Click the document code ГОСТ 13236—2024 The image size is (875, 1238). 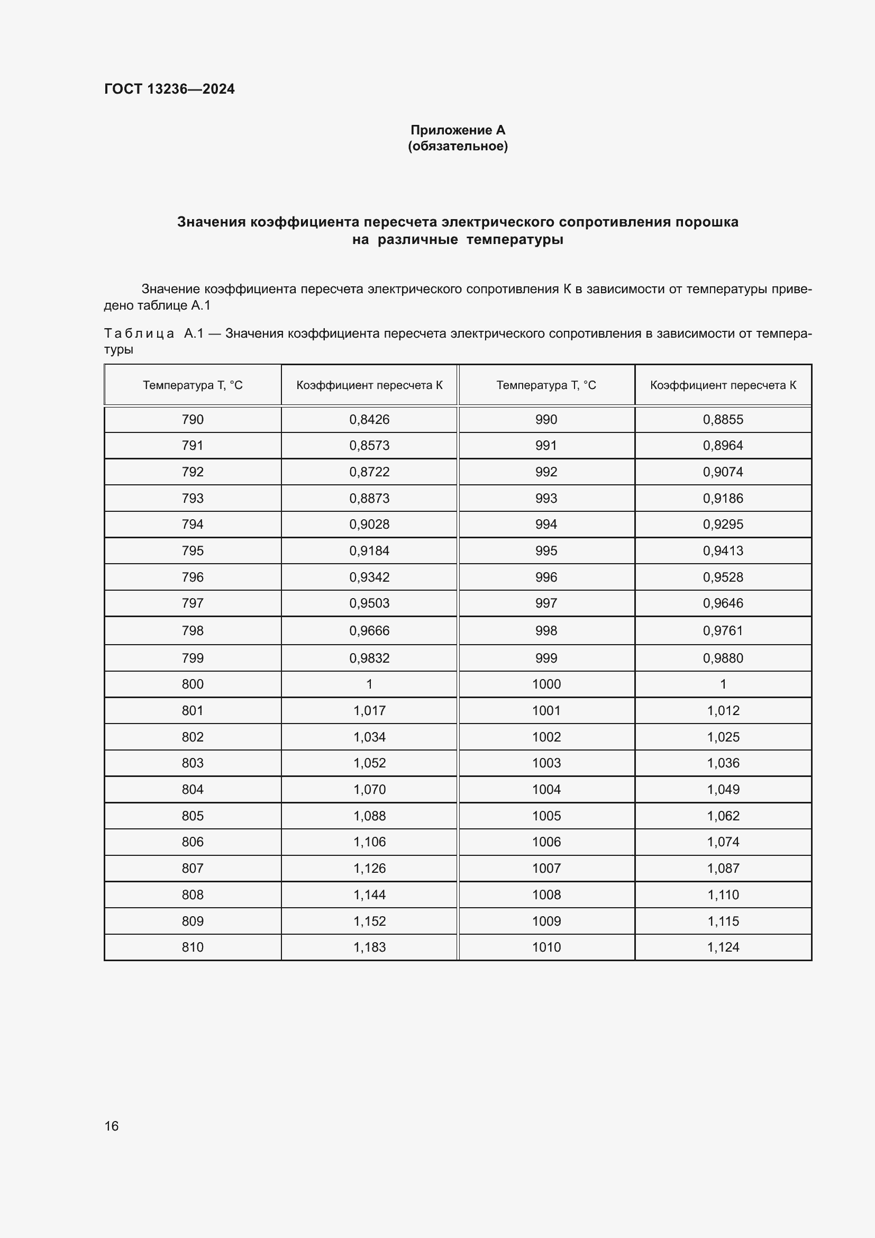pyautogui.click(x=169, y=89)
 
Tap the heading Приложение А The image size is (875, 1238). pyautogui.click(x=458, y=130)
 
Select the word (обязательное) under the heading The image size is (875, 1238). pyautogui.click(x=458, y=146)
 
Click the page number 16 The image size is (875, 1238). pyautogui.click(x=112, y=1126)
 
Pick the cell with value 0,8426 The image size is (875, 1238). pyautogui.click(x=369, y=420)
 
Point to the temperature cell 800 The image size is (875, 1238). pyautogui.click(x=193, y=684)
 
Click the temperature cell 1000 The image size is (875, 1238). pyautogui.click(x=546, y=684)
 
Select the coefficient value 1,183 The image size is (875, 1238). pyautogui.click(x=369, y=947)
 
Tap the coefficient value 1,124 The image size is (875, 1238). pyautogui.click(x=723, y=947)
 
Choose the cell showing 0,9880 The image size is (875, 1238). pyautogui.click(x=723, y=658)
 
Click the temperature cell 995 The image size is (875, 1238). pyautogui.click(x=546, y=550)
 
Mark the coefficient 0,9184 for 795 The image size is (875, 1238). pyautogui.click(x=369, y=550)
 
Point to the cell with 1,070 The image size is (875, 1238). pyautogui.click(x=369, y=789)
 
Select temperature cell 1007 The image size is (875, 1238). pyautogui.click(x=546, y=868)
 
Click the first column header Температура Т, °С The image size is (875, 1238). pyautogui.click(x=193, y=385)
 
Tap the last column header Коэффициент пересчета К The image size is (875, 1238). pyautogui.click(x=723, y=385)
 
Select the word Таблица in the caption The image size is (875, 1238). pyautogui.click(x=139, y=334)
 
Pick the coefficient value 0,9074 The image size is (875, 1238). pyautogui.click(x=723, y=472)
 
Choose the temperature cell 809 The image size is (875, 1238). pyautogui.click(x=193, y=921)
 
